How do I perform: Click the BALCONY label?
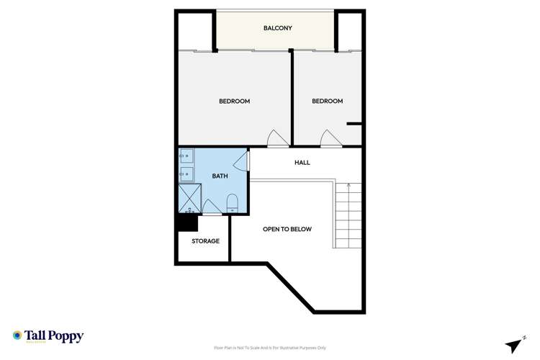coord(277,28)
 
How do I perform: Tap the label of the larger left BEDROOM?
coord(234,102)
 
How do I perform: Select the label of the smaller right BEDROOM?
coord(327,102)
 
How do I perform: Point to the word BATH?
coord(220,176)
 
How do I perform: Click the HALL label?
coord(302,163)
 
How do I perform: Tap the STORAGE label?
coord(205,241)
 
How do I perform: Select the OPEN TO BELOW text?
coord(287,229)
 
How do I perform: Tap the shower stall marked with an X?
coord(190,198)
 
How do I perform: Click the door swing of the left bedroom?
coord(276,139)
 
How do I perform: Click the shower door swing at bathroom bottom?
coord(212,207)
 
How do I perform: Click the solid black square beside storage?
coord(186,223)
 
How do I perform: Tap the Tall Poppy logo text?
coord(54,336)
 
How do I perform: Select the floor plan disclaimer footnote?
coord(270,347)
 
